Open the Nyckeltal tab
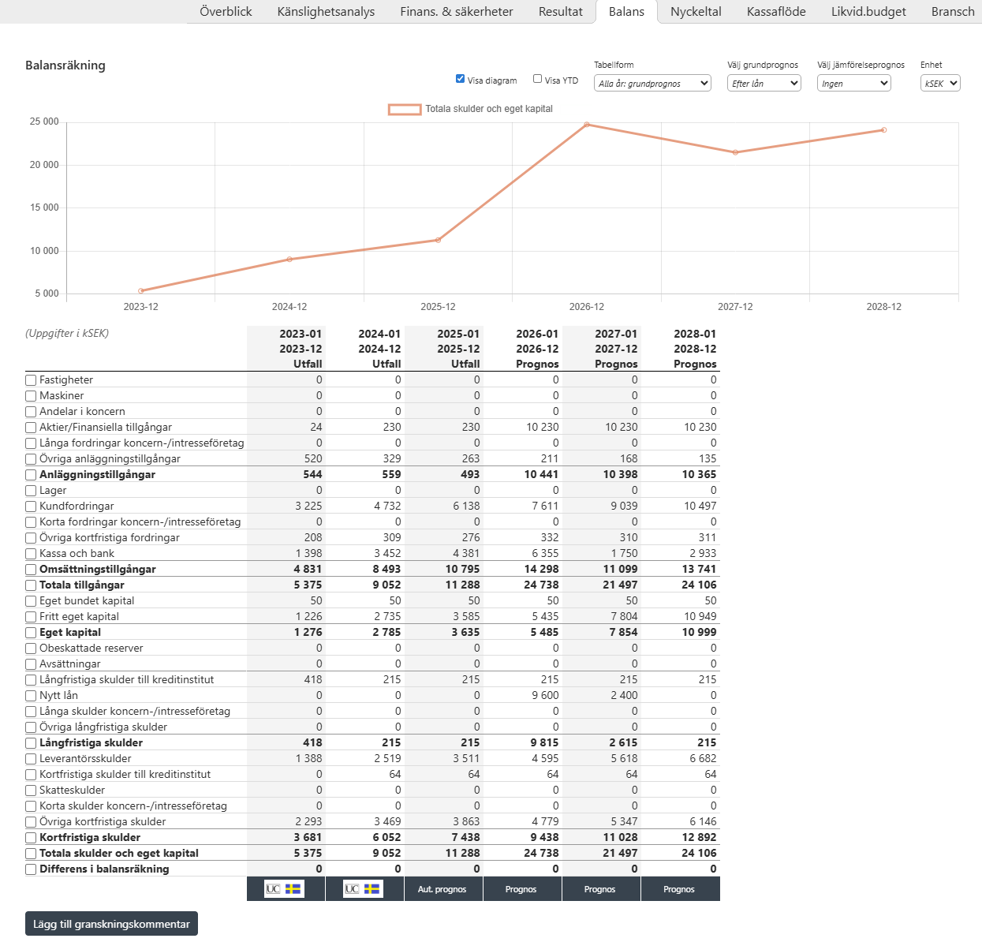click(696, 12)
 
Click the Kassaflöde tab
click(776, 12)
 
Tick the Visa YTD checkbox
click(537, 79)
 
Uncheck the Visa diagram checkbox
click(460, 79)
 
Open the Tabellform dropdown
click(652, 84)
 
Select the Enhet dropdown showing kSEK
click(940, 84)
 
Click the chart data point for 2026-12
click(586, 125)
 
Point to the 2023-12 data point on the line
click(140, 291)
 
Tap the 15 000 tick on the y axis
click(44, 207)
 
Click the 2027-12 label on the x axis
click(735, 306)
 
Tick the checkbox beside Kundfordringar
click(31, 507)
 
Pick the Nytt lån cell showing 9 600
click(545, 695)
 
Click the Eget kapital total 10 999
click(699, 632)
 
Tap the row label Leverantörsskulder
click(85, 758)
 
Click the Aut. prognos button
click(442, 889)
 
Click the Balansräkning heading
click(65, 65)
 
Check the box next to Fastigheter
click(31, 380)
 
